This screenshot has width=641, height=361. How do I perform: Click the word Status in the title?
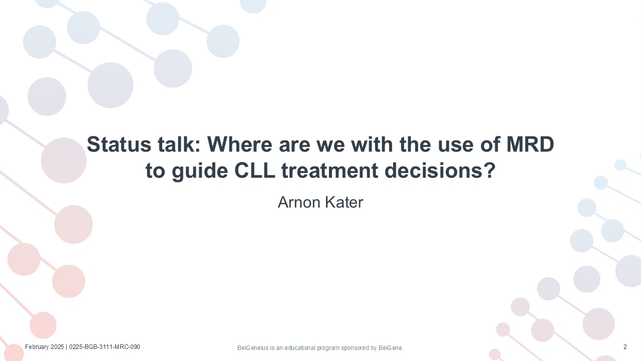point(119,144)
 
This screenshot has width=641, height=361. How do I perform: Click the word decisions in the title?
point(440,170)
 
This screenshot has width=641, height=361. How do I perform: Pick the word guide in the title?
point(200,171)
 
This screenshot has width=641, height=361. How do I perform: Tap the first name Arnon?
point(299,202)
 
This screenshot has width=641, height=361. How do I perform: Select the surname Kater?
point(344,202)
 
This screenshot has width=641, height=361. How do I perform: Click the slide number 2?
point(625,347)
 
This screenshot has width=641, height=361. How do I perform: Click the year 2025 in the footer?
point(57,347)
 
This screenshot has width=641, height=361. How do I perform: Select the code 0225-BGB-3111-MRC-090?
point(105,347)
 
